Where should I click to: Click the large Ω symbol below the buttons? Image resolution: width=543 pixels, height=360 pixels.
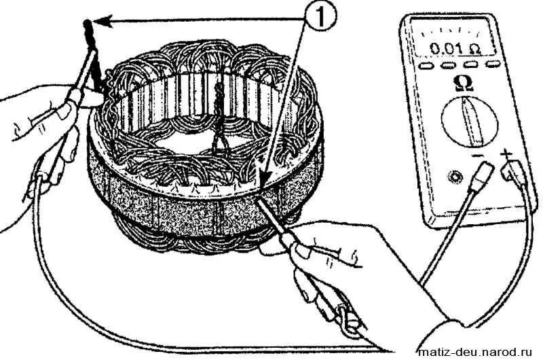(x=464, y=83)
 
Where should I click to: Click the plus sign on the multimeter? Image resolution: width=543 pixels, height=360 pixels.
(x=504, y=155)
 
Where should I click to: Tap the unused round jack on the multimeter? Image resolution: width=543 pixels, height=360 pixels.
(x=452, y=177)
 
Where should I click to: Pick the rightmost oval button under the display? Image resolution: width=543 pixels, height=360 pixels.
(x=494, y=63)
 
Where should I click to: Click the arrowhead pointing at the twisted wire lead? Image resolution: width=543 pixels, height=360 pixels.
(x=96, y=22)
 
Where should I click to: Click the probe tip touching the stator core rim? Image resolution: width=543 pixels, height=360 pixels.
(x=263, y=196)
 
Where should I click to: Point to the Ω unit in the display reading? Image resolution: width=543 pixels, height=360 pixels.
(x=474, y=49)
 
